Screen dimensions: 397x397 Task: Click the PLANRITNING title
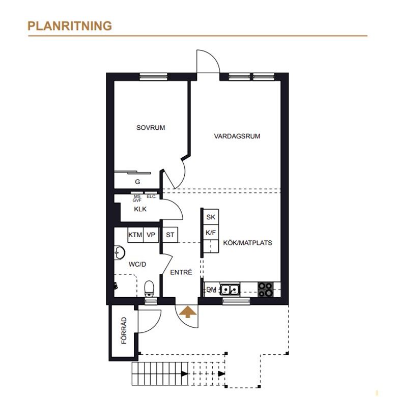pyautogui.click(x=70, y=26)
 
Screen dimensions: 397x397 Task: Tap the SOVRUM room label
pyautogui.click(x=151, y=128)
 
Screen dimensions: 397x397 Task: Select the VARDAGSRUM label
pyautogui.click(x=237, y=136)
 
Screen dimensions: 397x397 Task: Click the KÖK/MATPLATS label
pyautogui.click(x=247, y=243)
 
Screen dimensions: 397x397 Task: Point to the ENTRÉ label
pyautogui.click(x=181, y=272)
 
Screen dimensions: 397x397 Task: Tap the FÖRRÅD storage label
pyautogui.click(x=124, y=331)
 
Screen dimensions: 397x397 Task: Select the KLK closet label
pyautogui.click(x=140, y=209)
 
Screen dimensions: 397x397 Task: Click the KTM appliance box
pyautogui.click(x=135, y=235)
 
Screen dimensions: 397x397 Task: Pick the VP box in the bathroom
pyautogui.click(x=151, y=235)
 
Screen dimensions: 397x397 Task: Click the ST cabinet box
pyautogui.click(x=170, y=235)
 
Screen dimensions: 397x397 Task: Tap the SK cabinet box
pyautogui.click(x=211, y=217)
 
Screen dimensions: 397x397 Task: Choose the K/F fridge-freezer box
pyautogui.click(x=211, y=233)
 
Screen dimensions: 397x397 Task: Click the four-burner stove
pyautogui.click(x=265, y=290)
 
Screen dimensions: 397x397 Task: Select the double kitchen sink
pyautogui.click(x=230, y=290)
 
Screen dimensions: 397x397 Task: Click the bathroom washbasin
pyautogui.click(x=119, y=252)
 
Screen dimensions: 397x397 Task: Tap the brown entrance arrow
pyautogui.click(x=187, y=311)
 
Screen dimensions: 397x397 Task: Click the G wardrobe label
pyautogui.click(x=137, y=181)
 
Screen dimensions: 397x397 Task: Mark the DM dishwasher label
pyautogui.click(x=211, y=290)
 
